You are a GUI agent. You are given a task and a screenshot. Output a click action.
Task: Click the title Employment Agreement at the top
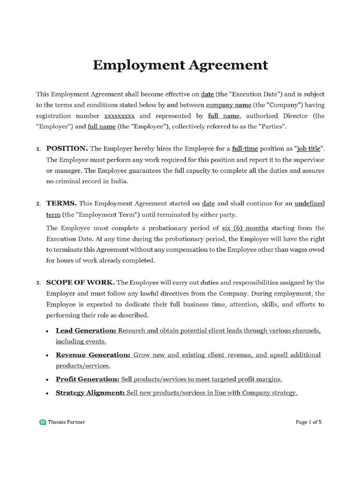[x=180, y=65]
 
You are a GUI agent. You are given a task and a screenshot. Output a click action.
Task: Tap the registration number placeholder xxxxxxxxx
[x=119, y=116]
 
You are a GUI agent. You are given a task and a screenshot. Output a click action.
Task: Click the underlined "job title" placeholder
[x=309, y=149]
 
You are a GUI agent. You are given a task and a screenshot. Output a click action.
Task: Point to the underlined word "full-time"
[x=245, y=149]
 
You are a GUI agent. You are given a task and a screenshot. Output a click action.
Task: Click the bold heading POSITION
[x=67, y=149]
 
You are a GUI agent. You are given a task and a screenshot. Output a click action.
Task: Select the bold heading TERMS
[x=61, y=203]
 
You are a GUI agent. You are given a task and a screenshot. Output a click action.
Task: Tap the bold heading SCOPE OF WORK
[x=80, y=283]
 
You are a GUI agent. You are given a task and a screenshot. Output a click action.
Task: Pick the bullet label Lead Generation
[x=86, y=331]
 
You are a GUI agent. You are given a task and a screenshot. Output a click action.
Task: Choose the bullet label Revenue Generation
[x=93, y=355]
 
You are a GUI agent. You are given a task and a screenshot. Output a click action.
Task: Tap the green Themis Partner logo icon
[x=43, y=422]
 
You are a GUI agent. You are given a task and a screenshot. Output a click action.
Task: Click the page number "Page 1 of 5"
[x=308, y=422]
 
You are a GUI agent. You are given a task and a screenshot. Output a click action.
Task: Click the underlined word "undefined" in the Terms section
[x=309, y=203]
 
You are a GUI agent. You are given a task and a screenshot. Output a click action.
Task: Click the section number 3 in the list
[x=38, y=283]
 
